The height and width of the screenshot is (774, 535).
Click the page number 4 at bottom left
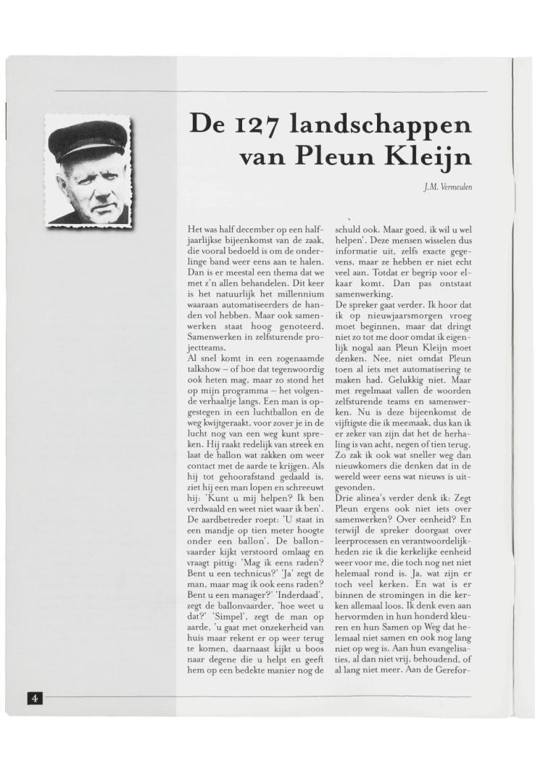(x=35, y=698)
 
